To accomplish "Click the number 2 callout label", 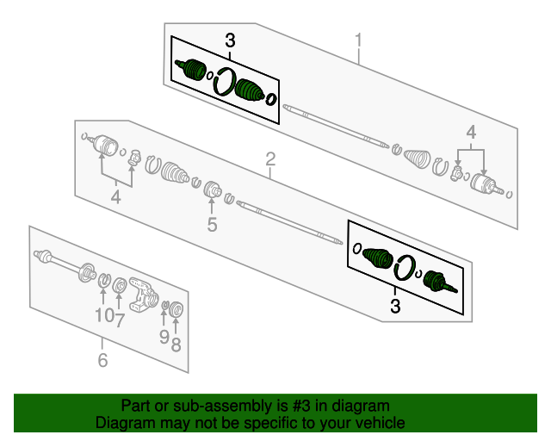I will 270,159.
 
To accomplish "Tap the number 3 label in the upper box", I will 230,40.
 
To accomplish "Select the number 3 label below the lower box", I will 395,306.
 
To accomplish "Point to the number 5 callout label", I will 211,226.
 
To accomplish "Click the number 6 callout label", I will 102,361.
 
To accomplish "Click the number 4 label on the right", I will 471,132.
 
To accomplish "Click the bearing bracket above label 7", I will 140,293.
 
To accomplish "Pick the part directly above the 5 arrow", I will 211,190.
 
